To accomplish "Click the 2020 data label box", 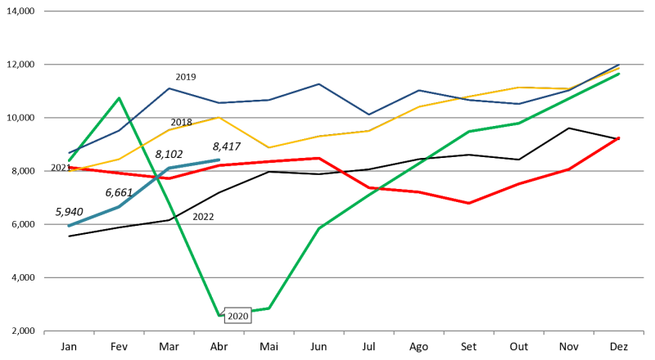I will [237, 317].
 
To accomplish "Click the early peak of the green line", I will [120, 98].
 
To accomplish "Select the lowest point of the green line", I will [219, 315].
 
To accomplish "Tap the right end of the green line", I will [619, 74].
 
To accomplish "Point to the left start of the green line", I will [69, 160].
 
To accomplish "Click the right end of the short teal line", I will [219, 160].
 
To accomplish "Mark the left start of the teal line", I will [69, 226].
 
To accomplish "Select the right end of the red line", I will [619, 137].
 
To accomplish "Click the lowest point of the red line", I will [468, 203].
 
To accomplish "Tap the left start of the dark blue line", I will [69, 153].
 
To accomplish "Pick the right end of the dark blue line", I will [619, 65].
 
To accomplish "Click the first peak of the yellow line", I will [219, 118].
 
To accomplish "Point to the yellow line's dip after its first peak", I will [269, 147].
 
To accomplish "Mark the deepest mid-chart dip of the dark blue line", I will [368, 115].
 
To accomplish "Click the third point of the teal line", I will [169, 169].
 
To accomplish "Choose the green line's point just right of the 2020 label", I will [269, 308].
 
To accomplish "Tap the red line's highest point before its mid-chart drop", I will [319, 158].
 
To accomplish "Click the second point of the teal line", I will [119, 207].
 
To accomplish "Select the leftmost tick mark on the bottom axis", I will [44, 332].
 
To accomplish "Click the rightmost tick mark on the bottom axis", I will [644, 332].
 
